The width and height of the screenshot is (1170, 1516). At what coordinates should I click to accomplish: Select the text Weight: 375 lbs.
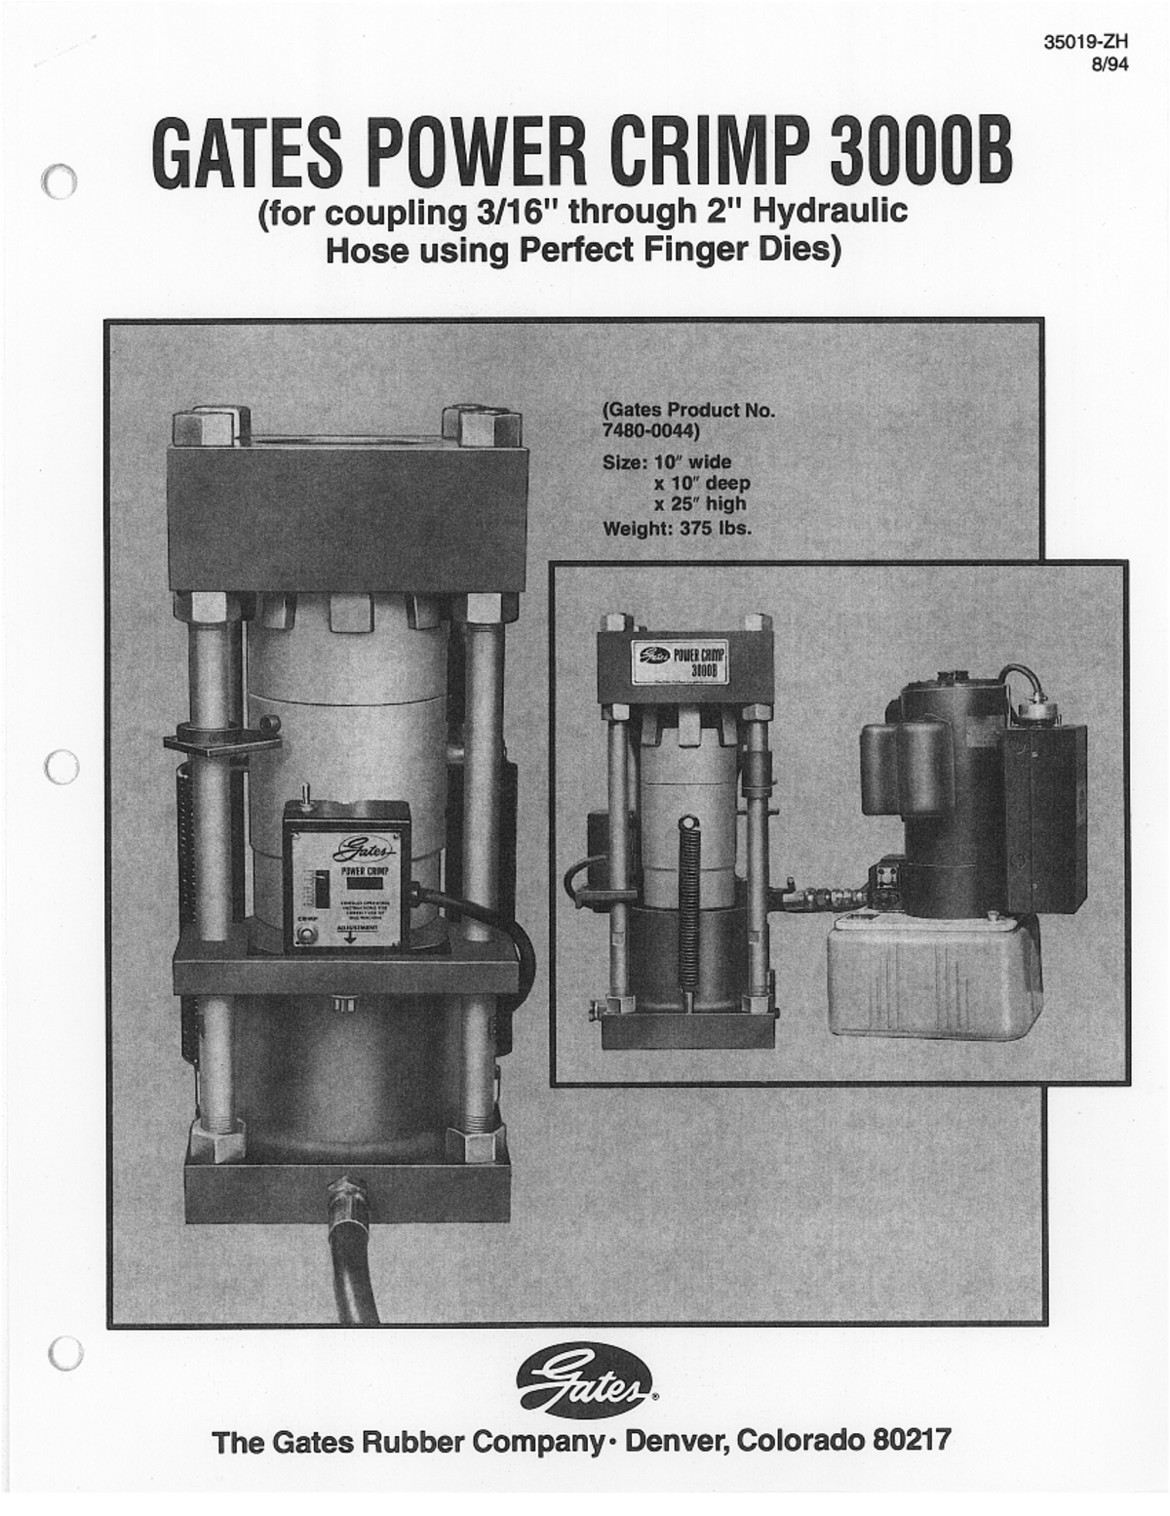coord(677,530)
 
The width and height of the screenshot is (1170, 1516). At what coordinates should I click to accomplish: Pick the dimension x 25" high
coord(699,504)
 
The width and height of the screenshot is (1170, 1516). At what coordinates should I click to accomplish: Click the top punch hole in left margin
coord(60,181)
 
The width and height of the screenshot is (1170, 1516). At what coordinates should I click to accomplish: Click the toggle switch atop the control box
coord(304,794)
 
